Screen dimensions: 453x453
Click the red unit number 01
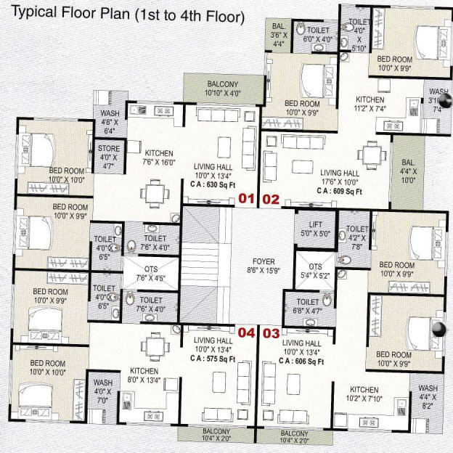pos(247,197)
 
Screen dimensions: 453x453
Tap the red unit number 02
pos(270,197)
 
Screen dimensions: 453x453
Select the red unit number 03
pos(270,333)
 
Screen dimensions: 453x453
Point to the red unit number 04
pos(247,333)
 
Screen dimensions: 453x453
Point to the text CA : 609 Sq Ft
pos(338,191)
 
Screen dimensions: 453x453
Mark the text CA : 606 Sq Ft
pos(303,361)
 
